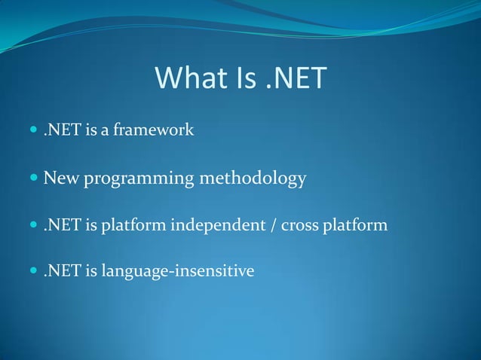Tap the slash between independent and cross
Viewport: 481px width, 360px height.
coord(272,225)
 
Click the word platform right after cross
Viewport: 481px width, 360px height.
coord(357,225)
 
